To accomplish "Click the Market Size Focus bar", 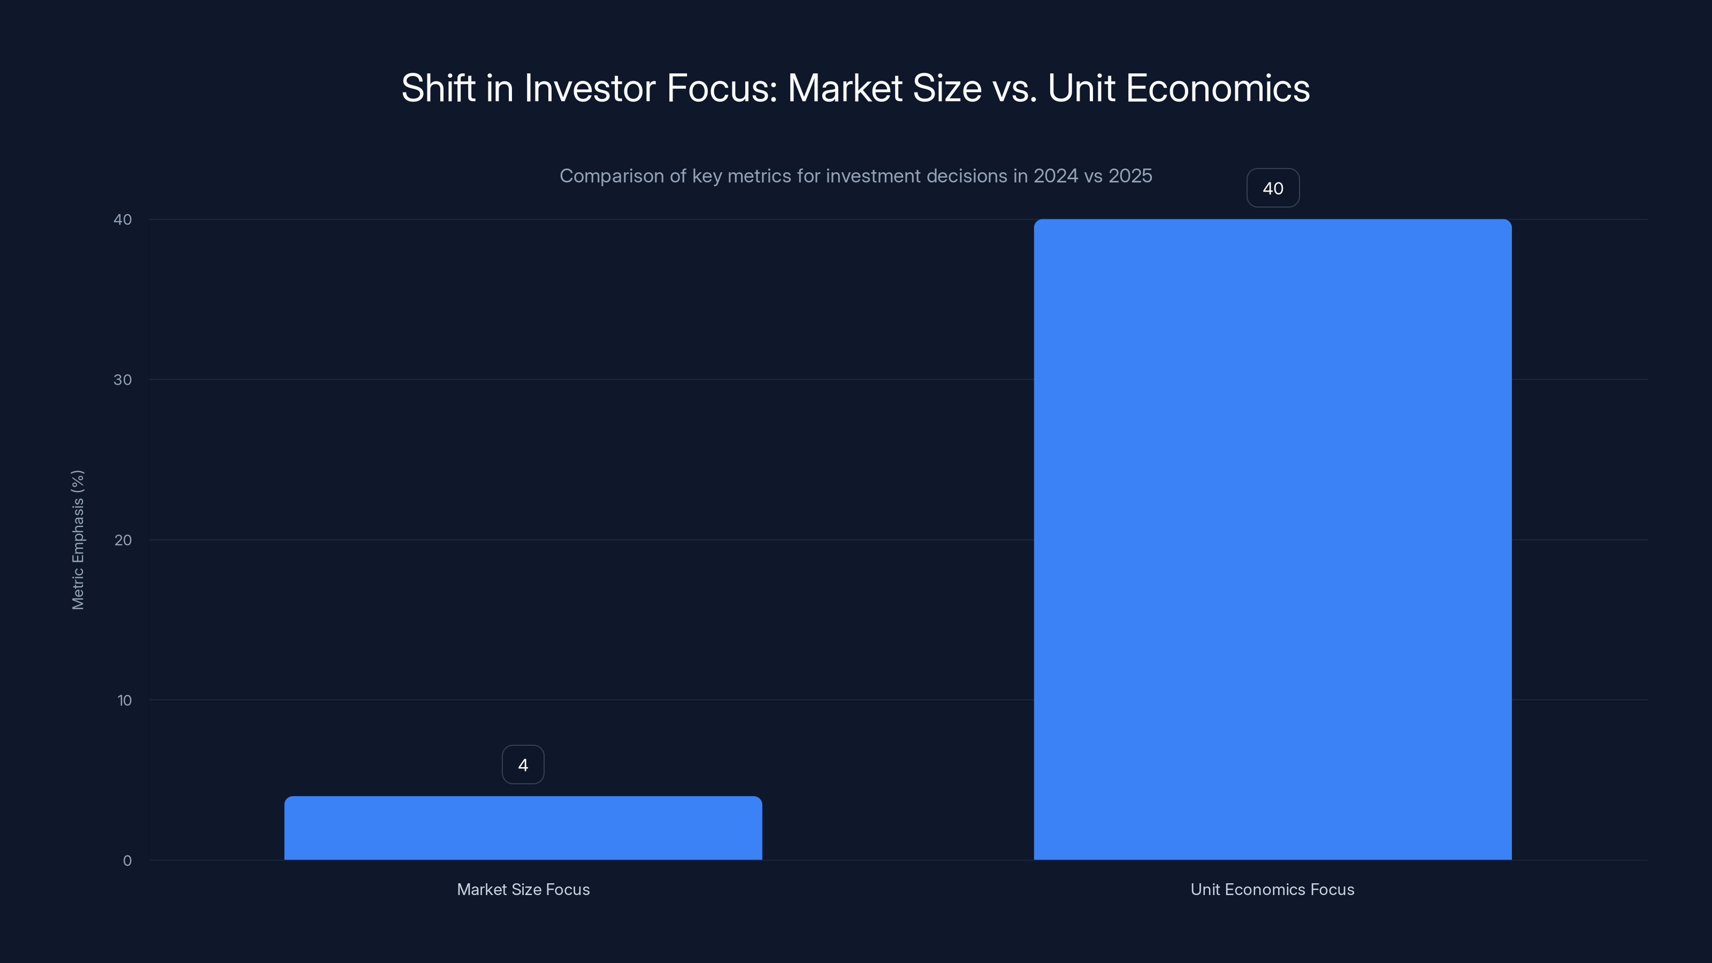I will (x=523, y=828).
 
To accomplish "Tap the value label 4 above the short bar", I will (x=523, y=765).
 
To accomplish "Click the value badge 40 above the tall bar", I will (x=1273, y=188).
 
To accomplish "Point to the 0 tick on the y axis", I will (x=127, y=861).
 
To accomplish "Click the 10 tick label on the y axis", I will (x=124, y=700).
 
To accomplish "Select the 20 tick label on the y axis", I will (x=123, y=540).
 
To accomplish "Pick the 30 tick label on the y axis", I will (x=123, y=379).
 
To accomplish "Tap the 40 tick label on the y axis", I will (x=123, y=219).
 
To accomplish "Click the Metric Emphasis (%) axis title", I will (x=78, y=540).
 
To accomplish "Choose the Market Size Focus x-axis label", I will (x=523, y=889).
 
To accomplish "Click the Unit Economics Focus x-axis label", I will (x=1272, y=889).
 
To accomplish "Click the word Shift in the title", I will (x=439, y=88).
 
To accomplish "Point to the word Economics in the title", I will (x=1218, y=88).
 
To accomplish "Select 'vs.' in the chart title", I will (x=1014, y=88).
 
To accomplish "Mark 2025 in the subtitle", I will (x=1130, y=176).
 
